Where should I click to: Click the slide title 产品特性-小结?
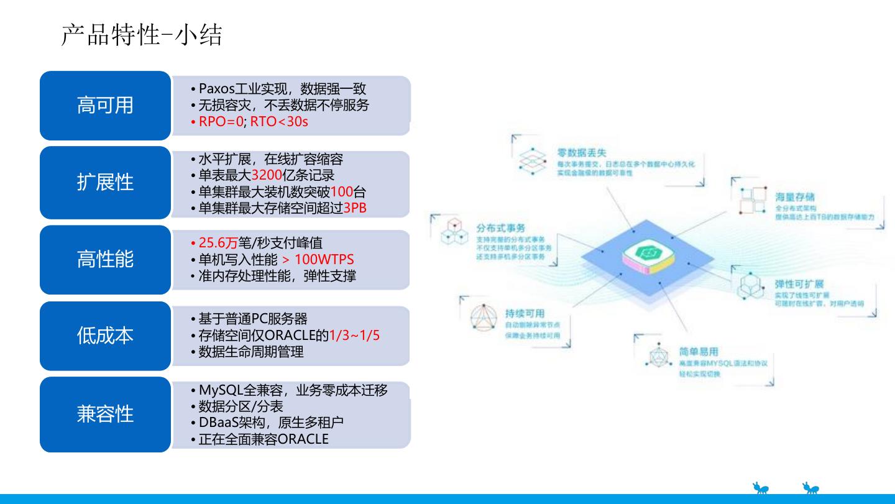point(142,36)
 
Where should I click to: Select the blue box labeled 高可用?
point(105,105)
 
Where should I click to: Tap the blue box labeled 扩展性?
point(105,182)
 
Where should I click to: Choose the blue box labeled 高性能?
point(105,259)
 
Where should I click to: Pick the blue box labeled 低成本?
point(105,336)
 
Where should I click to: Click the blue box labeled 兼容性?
point(105,414)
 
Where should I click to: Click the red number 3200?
point(267,176)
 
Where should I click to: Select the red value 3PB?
point(355,208)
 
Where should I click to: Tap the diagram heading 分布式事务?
point(500,229)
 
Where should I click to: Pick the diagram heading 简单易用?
point(698,352)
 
